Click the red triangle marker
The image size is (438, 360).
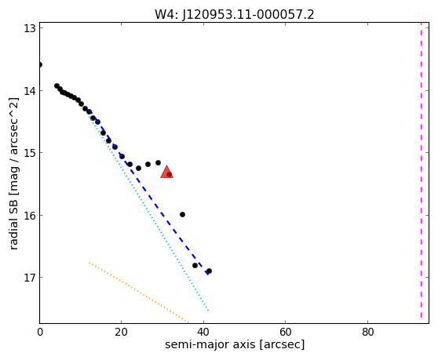point(166,172)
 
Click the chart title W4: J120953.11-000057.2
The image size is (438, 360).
point(235,15)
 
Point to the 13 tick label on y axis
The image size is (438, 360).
point(29,28)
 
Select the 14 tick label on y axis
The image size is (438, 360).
point(29,91)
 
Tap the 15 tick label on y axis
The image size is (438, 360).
point(29,153)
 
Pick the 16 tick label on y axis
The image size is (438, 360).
point(29,215)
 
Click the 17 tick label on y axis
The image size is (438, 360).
point(29,278)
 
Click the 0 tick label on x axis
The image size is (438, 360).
point(40,332)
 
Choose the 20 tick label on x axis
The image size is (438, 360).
point(121,332)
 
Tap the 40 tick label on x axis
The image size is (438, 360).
point(203,332)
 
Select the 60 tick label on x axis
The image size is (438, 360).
point(286,332)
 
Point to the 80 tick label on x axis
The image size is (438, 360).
point(367,332)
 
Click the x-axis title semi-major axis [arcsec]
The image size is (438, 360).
point(235,344)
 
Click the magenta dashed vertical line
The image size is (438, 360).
point(421,170)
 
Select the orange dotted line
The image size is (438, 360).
point(139,292)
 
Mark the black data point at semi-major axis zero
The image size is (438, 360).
point(40,65)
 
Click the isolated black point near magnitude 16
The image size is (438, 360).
point(182,215)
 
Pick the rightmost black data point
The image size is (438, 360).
point(209,271)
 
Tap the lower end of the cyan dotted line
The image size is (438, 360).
point(208,311)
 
